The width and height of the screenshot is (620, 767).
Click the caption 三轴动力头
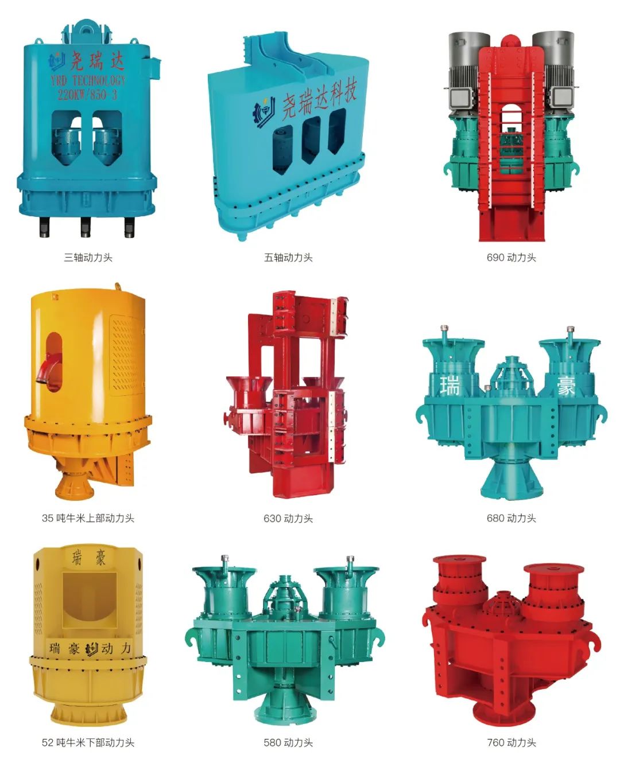(x=88, y=258)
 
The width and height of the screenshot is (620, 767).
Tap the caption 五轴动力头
(x=288, y=258)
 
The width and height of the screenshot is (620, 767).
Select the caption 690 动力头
(x=511, y=258)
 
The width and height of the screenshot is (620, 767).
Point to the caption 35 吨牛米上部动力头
(x=88, y=518)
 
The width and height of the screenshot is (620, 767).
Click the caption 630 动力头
(x=288, y=519)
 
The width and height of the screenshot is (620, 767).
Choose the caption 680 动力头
(x=511, y=518)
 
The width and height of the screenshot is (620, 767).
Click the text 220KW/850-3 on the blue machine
(x=87, y=94)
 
